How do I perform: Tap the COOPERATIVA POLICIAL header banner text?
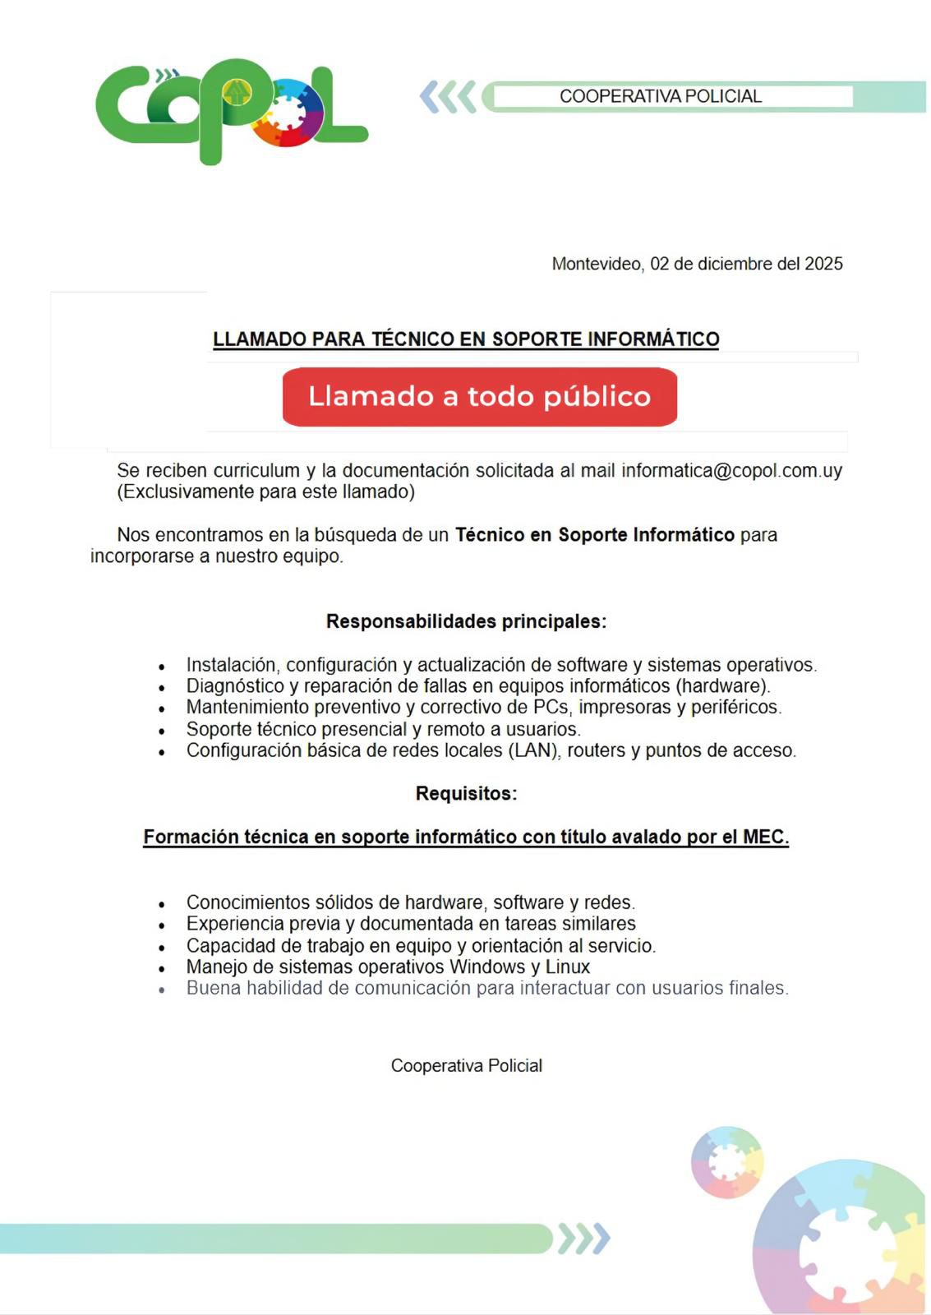(661, 96)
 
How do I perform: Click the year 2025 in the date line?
(823, 264)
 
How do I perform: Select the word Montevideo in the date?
(597, 264)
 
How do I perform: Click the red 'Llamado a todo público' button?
(479, 397)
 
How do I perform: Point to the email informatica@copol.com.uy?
(731, 471)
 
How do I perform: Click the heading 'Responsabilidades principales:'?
(466, 621)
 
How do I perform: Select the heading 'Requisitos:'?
(466, 793)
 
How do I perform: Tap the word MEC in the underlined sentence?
(765, 837)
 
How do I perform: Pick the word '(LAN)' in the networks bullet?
(533, 750)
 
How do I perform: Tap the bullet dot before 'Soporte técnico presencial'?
(162, 731)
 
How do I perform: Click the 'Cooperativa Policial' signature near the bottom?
(466, 1066)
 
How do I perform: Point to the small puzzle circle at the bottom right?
(726, 1162)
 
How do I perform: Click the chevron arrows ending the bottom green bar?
(584, 1239)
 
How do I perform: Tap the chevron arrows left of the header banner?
(448, 97)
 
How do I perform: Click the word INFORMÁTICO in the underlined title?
(653, 339)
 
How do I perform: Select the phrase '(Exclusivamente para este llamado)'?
(265, 492)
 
